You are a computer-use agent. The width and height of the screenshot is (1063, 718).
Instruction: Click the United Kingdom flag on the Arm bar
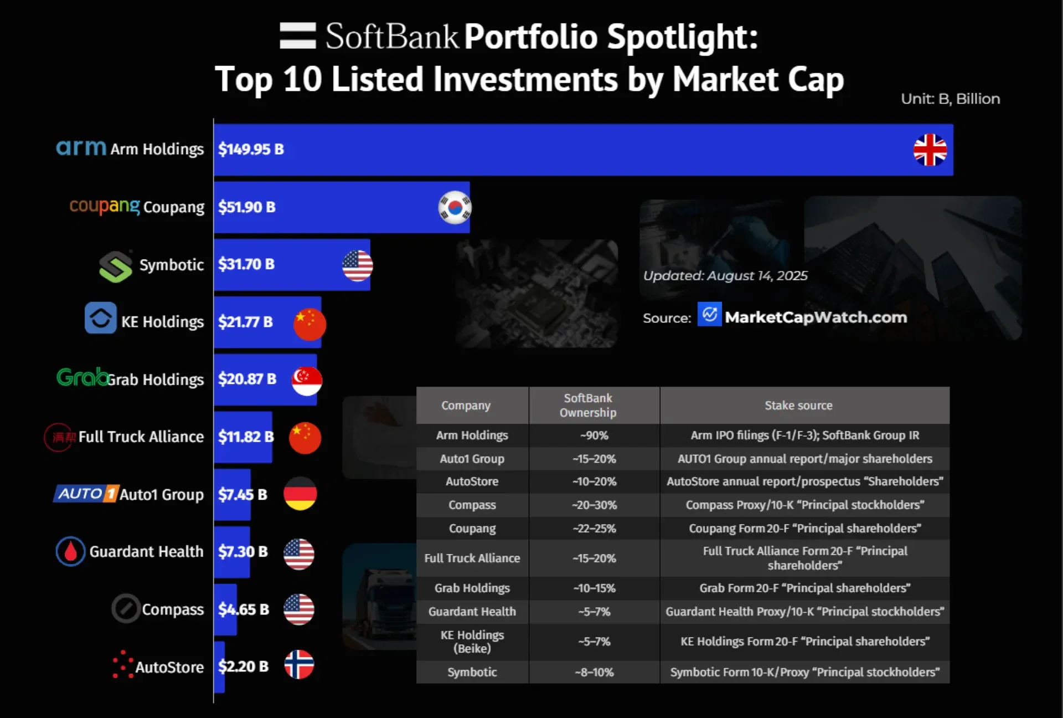coord(930,150)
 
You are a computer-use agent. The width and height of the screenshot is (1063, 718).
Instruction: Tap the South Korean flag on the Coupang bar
coord(455,207)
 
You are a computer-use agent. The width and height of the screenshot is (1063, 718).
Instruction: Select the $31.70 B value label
coord(246,264)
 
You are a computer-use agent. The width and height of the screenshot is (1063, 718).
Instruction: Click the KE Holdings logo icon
coord(101,318)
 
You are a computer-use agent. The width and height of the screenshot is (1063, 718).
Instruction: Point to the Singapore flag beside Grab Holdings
coord(307,381)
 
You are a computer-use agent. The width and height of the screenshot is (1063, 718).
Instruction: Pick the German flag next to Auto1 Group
coord(300,494)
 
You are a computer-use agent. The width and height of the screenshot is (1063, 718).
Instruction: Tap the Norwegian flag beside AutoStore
coord(299,664)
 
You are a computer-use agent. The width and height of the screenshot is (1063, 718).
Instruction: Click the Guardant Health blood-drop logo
coord(71,551)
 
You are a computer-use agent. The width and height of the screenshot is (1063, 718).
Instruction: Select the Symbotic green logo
coord(115,266)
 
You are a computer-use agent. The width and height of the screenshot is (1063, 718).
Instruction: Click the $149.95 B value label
coord(251,149)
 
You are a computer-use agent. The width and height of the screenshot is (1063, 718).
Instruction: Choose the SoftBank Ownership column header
coord(587,405)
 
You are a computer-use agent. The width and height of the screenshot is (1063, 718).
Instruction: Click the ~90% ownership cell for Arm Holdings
coord(594,435)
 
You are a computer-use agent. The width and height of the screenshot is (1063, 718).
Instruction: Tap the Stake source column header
coord(798,406)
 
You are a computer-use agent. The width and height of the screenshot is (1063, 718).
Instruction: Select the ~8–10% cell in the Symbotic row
coord(594,672)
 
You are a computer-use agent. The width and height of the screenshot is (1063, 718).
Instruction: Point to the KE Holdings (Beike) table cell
coord(472,642)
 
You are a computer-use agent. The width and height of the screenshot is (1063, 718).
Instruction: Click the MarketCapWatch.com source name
coord(816,317)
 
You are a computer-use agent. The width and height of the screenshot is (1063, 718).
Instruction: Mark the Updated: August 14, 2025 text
coord(725,276)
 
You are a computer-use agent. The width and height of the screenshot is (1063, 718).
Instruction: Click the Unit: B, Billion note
coord(950,99)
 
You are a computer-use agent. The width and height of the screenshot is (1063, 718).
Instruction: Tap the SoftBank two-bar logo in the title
coord(298,36)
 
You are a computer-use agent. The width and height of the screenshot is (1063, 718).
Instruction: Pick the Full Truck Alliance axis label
coord(141,437)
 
